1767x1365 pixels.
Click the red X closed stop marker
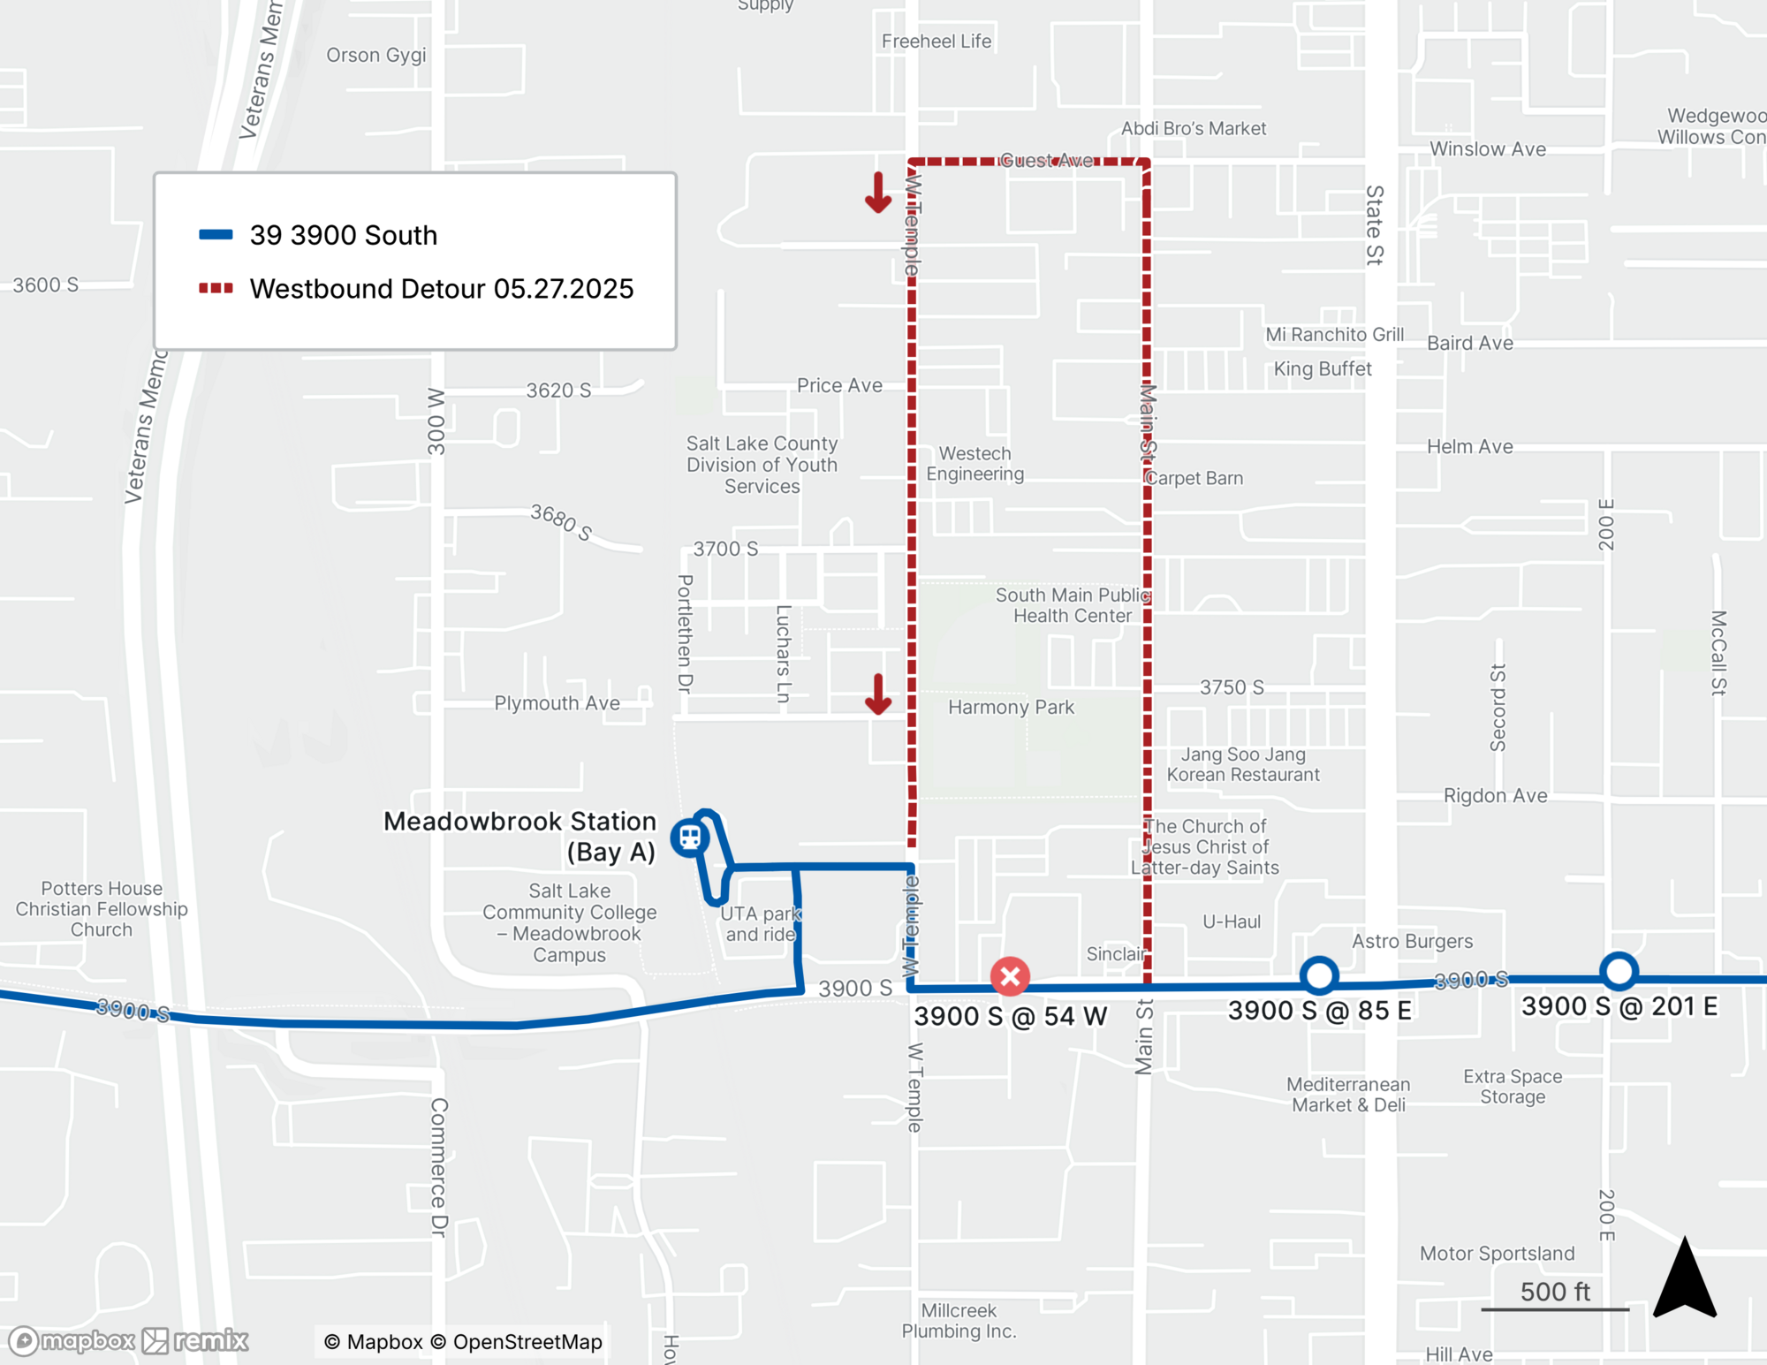point(1010,976)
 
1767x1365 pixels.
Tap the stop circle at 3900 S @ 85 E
point(1319,975)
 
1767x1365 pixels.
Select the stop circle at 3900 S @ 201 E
point(1619,971)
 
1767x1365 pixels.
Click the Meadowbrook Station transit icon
point(689,838)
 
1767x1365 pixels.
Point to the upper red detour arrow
point(877,193)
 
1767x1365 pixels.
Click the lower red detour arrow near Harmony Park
point(877,694)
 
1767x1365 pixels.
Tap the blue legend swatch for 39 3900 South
point(216,235)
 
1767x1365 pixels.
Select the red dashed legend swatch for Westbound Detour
point(216,288)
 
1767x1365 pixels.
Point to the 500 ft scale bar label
point(1555,1292)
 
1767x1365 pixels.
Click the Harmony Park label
point(1011,707)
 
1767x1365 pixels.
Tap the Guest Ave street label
point(1046,160)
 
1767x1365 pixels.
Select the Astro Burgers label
point(1412,941)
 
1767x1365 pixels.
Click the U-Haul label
point(1231,921)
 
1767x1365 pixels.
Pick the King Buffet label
point(1322,368)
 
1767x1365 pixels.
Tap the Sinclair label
point(1115,954)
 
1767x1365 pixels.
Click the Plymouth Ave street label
point(557,703)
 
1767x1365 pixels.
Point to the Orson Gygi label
point(375,55)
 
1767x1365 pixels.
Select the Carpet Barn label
point(1194,478)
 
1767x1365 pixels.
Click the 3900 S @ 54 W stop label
point(1010,1016)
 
